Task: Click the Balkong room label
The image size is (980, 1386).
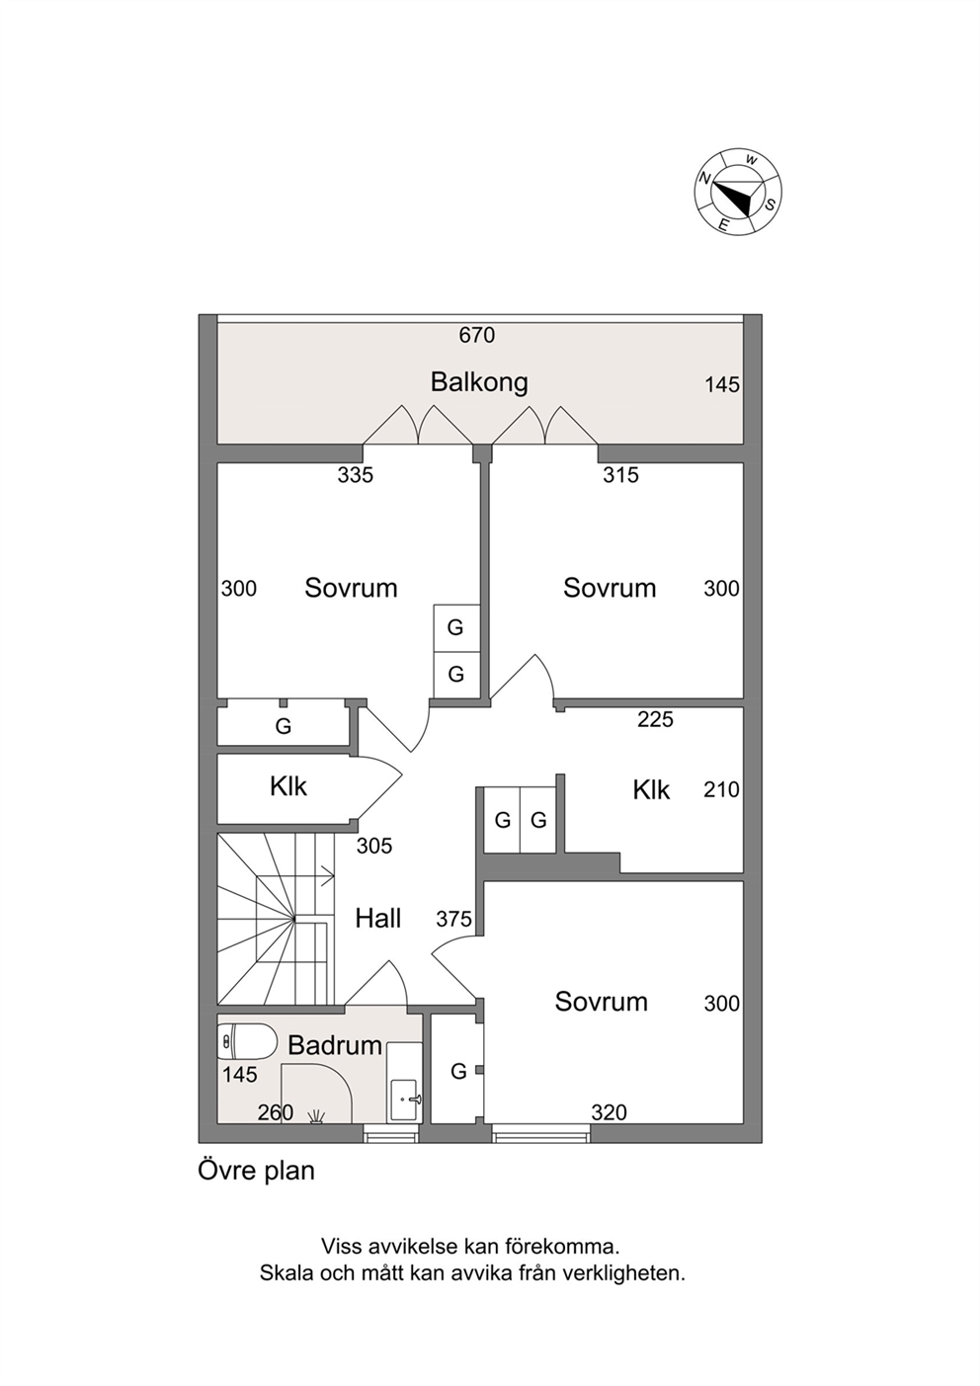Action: pos(479,382)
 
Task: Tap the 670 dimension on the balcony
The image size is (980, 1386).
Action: pos(477,335)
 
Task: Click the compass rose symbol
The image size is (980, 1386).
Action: pos(739,192)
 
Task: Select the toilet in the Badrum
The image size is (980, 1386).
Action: pos(248,1041)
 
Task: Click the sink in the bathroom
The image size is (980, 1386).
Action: pos(405,1100)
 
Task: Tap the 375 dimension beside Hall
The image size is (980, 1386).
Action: pos(453,920)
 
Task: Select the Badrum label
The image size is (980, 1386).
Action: pos(335,1046)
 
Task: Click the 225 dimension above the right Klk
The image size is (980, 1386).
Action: pos(655,719)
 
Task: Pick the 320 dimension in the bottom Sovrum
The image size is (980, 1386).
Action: pos(609,1113)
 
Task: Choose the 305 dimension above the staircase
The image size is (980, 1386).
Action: pos(374,846)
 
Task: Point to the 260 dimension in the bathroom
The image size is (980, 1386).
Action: pos(276,1112)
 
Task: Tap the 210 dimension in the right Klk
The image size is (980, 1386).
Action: pos(721,789)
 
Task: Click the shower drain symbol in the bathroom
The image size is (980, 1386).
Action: pos(316,1116)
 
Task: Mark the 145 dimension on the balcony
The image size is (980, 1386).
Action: pos(722,385)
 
